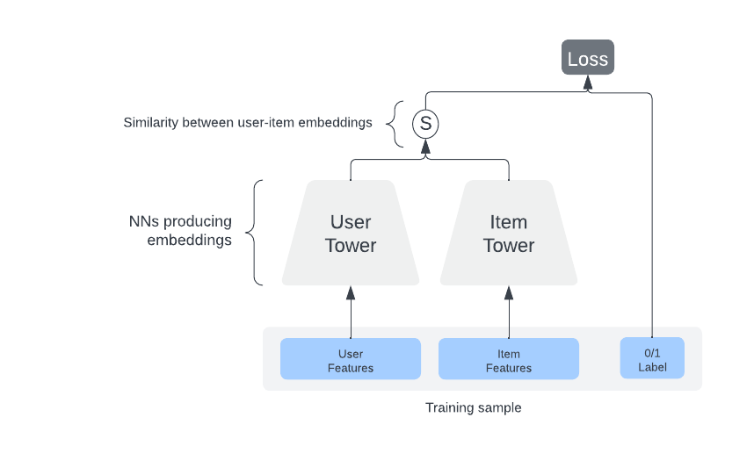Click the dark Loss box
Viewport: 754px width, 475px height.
588,58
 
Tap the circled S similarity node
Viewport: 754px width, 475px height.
425,124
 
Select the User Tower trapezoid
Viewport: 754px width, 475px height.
351,233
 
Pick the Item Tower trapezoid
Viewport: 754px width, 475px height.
509,233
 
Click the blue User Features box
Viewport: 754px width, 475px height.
351,359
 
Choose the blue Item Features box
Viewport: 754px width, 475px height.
509,359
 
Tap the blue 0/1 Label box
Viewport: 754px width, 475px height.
652,359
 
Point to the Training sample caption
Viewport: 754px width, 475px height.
473,407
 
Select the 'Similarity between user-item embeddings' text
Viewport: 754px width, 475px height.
248,123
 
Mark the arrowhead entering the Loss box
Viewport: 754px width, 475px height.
588,83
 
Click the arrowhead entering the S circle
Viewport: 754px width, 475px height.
425,146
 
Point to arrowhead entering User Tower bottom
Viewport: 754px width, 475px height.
351,292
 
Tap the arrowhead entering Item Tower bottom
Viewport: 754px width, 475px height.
509,292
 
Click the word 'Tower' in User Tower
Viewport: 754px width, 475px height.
351,246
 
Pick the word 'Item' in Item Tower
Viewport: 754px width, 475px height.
509,221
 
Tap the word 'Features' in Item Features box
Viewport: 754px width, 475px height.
509,368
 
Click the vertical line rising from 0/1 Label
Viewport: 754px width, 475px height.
652,220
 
